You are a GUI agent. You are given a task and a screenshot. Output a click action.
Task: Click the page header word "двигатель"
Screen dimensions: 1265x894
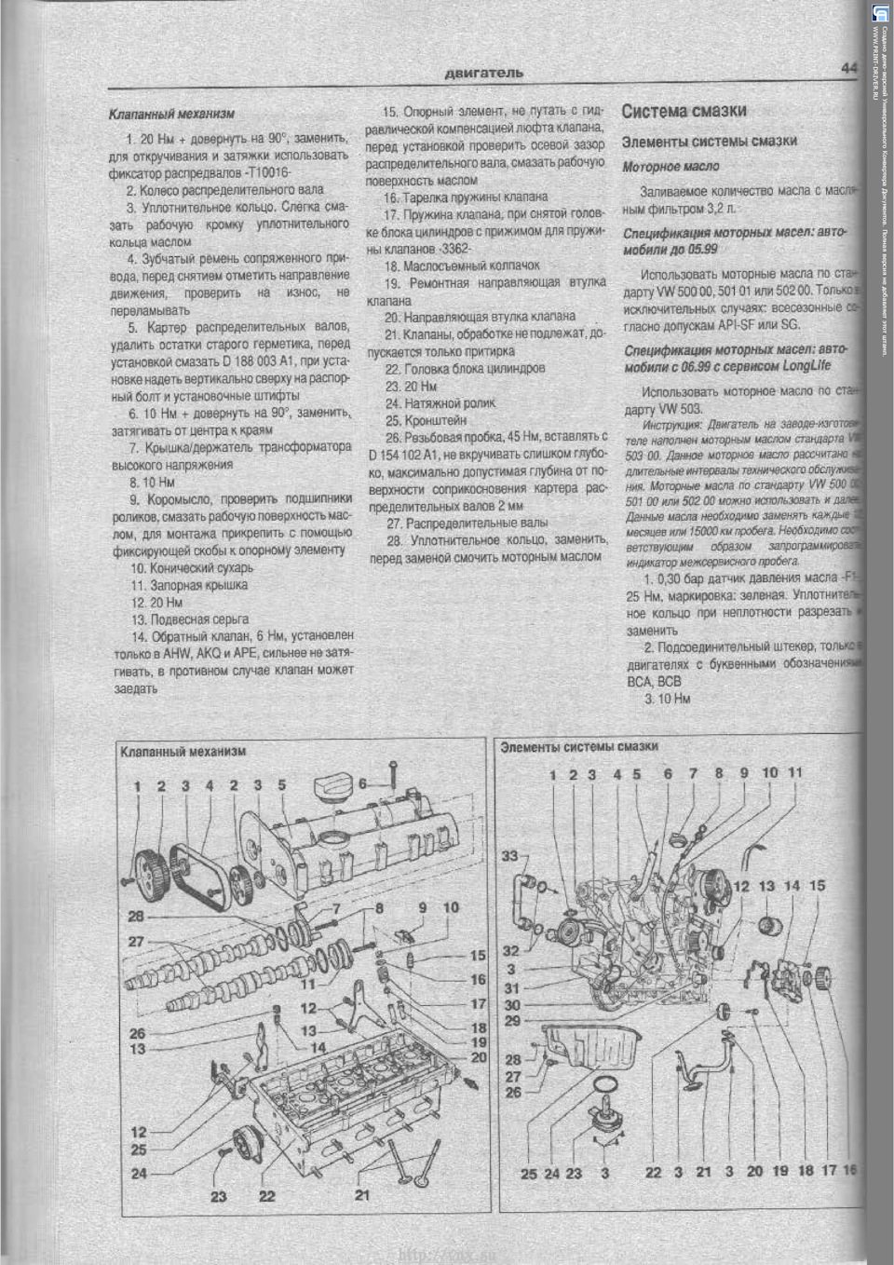point(483,73)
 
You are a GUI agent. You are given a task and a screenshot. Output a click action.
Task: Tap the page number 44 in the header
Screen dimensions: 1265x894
point(847,68)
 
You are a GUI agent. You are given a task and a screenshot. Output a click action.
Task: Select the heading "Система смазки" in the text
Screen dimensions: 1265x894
point(684,111)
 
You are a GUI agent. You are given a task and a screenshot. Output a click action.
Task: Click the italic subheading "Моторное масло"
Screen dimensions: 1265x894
point(670,167)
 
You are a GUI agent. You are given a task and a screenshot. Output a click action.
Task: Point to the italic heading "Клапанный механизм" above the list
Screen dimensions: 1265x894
point(171,114)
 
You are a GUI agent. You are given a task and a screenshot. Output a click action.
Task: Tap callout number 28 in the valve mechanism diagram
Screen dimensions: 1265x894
point(136,917)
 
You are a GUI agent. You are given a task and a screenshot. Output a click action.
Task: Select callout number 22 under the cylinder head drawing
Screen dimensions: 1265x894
point(267,1196)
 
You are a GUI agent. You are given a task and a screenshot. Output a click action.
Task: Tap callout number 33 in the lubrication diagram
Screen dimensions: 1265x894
point(509,855)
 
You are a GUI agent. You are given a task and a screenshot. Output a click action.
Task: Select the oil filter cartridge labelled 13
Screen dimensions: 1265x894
point(767,929)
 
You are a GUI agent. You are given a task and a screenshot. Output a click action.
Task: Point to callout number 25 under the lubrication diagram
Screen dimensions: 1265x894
point(528,1174)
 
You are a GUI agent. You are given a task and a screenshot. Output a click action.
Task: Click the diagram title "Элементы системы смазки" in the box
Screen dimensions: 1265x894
point(579,746)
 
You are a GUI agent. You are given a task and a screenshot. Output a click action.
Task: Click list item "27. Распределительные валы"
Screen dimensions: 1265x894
point(467,523)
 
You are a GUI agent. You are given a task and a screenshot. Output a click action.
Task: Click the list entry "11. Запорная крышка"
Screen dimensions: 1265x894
point(189,585)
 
